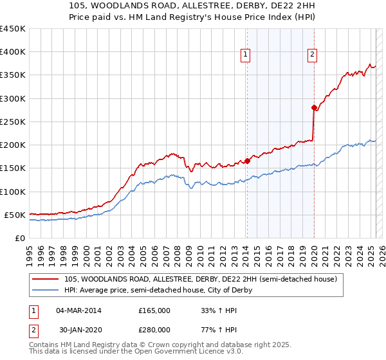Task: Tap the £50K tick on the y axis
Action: [x=14, y=215]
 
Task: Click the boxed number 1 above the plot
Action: [x=246, y=56]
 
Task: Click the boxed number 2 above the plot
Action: [x=312, y=56]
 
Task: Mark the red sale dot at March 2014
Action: [x=247, y=161]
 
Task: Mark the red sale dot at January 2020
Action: [x=314, y=107]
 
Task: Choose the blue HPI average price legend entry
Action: [x=158, y=291]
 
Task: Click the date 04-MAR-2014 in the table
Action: [x=79, y=311]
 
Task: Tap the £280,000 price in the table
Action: [x=154, y=330]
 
